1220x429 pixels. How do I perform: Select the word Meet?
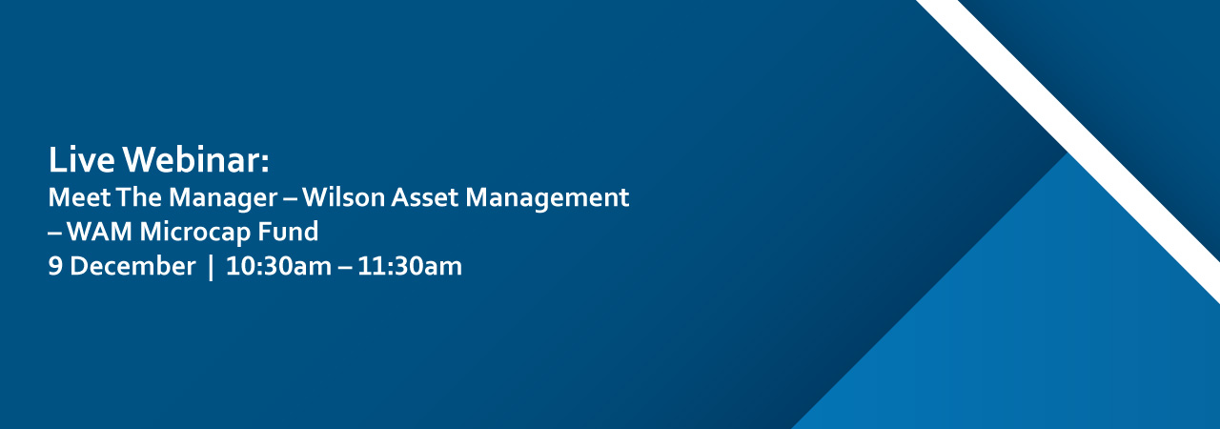[72, 198]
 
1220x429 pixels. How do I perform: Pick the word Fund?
[287, 232]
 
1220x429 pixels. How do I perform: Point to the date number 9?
[55, 267]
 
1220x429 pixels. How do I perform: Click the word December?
[132, 267]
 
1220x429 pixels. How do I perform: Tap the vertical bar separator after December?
[211, 267]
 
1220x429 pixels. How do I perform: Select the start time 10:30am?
[277, 267]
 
